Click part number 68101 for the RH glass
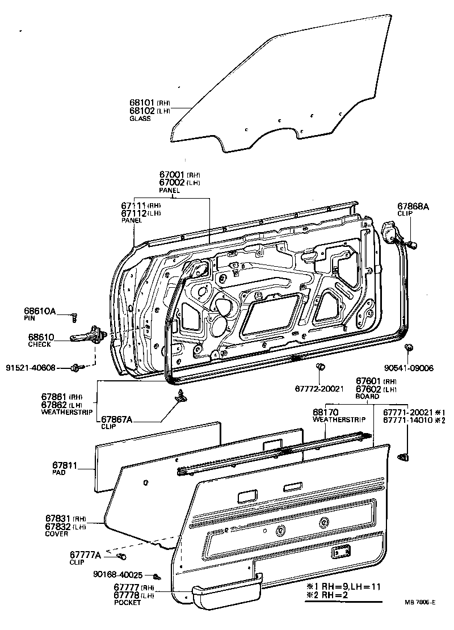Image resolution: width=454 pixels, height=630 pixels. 142,103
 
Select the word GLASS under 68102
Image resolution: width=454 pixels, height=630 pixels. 140,119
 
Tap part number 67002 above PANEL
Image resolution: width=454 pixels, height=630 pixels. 171,183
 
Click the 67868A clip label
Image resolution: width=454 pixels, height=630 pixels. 413,207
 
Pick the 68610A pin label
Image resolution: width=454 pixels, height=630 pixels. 40,311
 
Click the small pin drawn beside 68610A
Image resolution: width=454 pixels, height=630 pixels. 74,315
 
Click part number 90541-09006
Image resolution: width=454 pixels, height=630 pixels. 409,368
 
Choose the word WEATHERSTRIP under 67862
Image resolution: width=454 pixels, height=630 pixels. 62,413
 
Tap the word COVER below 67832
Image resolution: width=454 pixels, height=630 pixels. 57,534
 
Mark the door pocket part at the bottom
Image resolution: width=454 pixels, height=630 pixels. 226,593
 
